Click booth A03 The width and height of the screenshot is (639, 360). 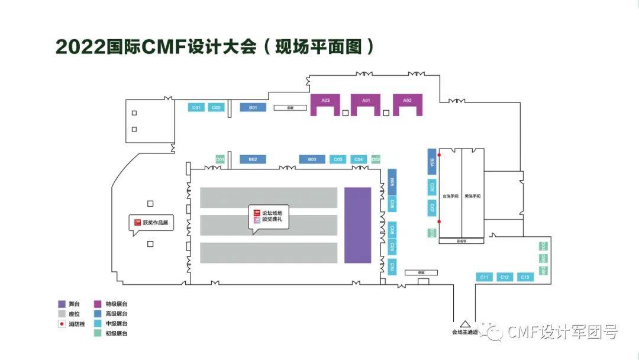click(325, 101)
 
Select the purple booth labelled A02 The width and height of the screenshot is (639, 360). click(407, 101)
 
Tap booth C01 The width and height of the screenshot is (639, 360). click(196, 108)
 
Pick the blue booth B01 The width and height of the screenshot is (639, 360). click(253, 108)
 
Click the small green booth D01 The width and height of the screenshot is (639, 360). click(220, 159)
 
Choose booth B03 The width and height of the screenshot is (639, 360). click(312, 159)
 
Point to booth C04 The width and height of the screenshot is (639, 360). click(358, 159)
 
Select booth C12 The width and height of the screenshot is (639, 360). click(504, 277)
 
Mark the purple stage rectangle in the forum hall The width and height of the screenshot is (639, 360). click(357, 225)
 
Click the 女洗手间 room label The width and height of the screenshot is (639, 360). click(450, 196)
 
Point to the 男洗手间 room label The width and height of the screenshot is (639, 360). click(472, 196)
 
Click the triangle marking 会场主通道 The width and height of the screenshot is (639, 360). click(465, 324)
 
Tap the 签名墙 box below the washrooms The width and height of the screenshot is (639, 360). click(461, 241)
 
